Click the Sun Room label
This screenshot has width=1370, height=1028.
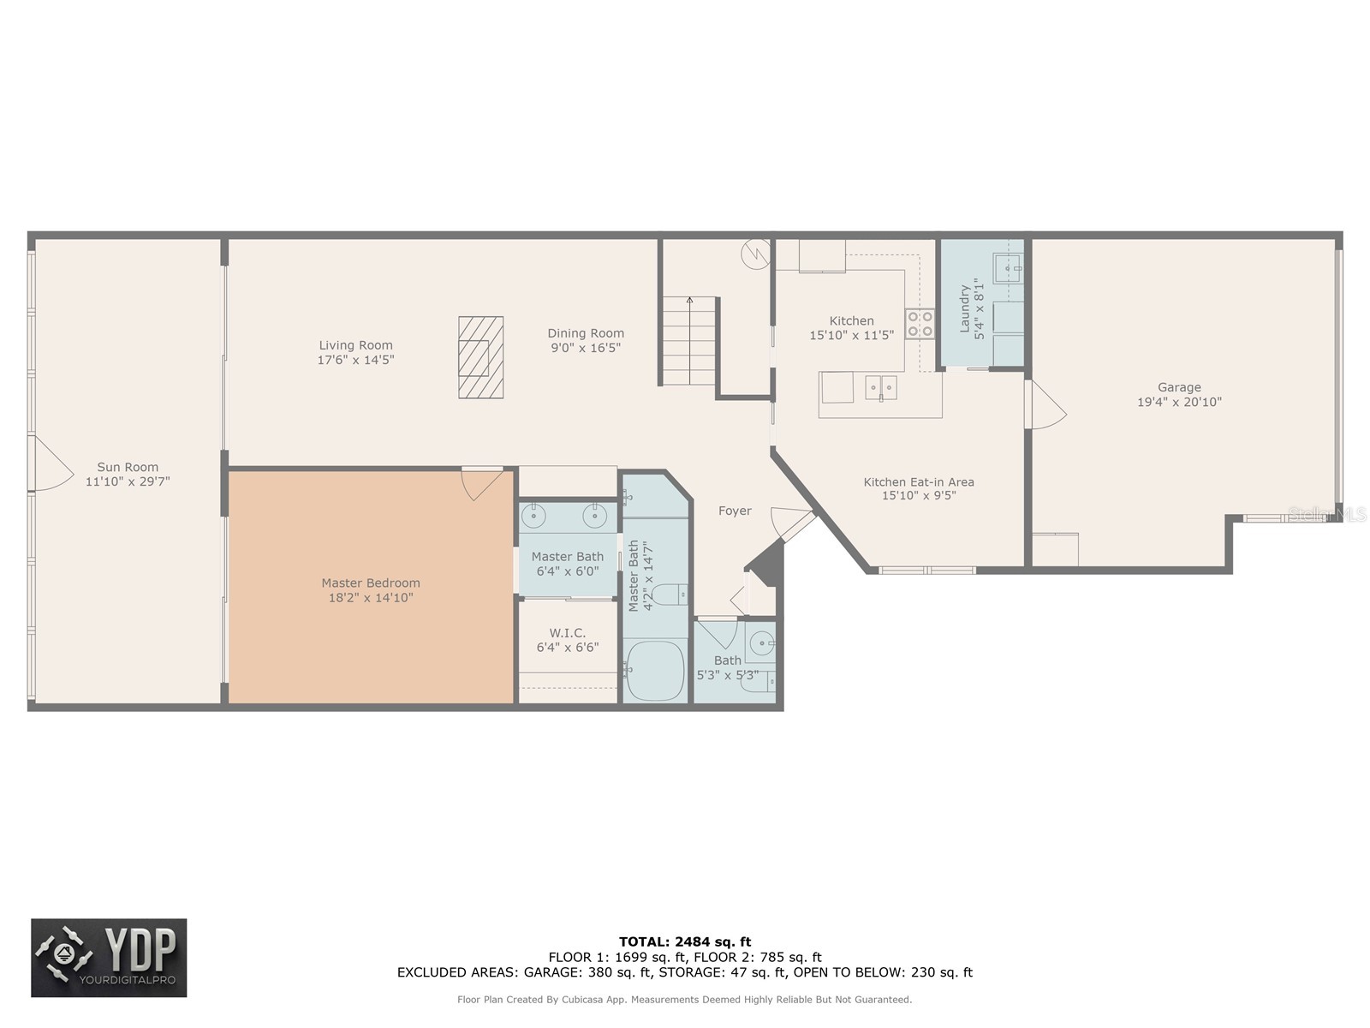click(128, 467)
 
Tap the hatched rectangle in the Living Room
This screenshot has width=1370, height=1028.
click(480, 357)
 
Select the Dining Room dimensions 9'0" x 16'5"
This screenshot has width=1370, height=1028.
click(586, 348)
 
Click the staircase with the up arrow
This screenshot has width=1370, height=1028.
click(688, 340)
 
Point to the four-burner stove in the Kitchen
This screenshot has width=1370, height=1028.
click(920, 324)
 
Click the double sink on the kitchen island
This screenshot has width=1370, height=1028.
click(880, 387)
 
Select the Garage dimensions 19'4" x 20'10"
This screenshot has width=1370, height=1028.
click(1179, 402)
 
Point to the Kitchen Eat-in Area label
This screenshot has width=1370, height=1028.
click(918, 482)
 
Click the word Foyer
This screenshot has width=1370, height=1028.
click(735, 511)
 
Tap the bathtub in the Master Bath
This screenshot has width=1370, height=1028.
click(655, 670)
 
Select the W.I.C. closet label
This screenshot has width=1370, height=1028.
click(567, 633)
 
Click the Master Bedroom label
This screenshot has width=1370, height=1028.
click(371, 583)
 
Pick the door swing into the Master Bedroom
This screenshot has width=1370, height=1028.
click(480, 483)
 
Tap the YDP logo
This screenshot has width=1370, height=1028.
click(109, 958)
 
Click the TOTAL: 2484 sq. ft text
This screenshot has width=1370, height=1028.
click(685, 941)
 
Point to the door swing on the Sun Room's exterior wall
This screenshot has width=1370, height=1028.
click(50, 463)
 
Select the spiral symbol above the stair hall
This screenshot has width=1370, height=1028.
click(756, 254)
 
